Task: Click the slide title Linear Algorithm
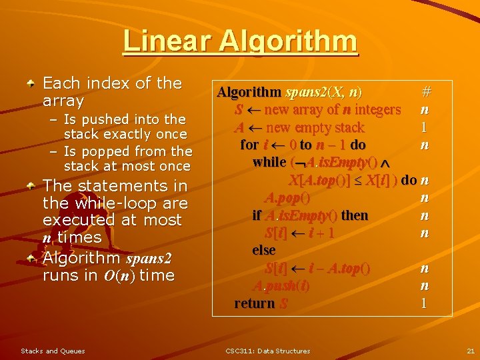240,41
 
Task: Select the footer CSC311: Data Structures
267,351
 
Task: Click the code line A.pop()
287,197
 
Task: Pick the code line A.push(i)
282,286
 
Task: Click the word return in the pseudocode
255,303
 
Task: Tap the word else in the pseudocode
264,250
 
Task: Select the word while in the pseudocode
270,162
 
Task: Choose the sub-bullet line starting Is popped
122,159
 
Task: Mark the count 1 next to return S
424,303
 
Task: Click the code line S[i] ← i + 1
299,233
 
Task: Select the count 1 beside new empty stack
424,127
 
